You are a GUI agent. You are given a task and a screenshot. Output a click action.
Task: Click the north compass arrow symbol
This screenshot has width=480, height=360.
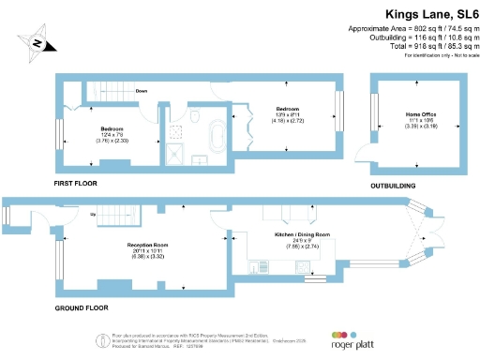[x=37, y=42]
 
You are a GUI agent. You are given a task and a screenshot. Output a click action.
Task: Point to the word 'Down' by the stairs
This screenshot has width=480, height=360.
[x=141, y=91]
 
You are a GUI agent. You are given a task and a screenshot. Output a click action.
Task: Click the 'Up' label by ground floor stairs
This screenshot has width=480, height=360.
[x=92, y=215]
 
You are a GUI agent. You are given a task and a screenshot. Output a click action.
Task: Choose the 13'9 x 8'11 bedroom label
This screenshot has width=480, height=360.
[x=287, y=112]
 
